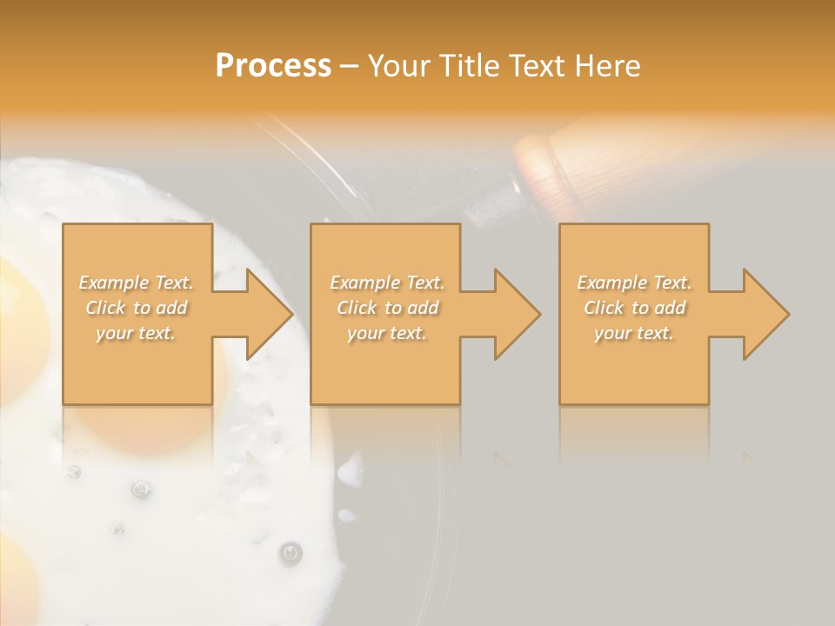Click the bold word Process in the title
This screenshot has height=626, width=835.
coord(273,65)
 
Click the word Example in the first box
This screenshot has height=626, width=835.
coord(113,283)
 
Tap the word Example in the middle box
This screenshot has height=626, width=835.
coord(364,283)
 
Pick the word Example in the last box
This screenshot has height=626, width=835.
coord(611,283)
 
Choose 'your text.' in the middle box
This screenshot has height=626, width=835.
coord(387,333)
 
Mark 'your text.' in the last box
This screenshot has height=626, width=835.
coord(634,333)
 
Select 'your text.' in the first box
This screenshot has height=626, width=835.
coord(137,333)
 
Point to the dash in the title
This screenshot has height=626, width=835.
coord(349,66)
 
